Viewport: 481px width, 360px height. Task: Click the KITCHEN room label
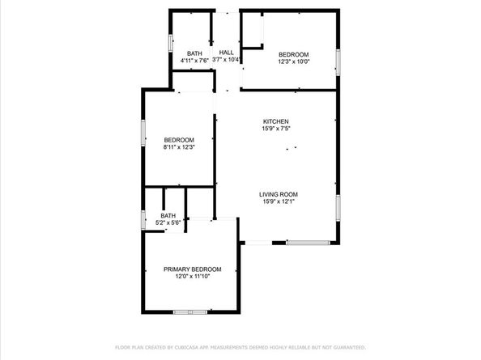click(275, 121)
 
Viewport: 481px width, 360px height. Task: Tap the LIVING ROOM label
click(279, 194)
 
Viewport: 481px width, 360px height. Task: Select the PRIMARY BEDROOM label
click(192, 269)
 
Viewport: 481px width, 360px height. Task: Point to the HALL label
click(226, 53)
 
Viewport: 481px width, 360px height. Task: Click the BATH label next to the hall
click(194, 53)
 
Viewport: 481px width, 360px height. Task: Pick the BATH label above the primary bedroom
click(168, 216)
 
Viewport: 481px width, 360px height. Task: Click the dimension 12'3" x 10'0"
click(294, 61)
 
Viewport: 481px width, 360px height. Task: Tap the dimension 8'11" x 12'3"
click(179, 147)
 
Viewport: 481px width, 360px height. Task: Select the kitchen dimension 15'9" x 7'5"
click(275, 129)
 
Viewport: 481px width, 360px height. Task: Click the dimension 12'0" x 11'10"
click(192, 276)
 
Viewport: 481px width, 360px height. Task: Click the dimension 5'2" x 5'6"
click(168, 222)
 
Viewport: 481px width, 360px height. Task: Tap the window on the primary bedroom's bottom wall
click(191, 311)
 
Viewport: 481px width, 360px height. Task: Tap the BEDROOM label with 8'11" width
click(179, 140)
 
